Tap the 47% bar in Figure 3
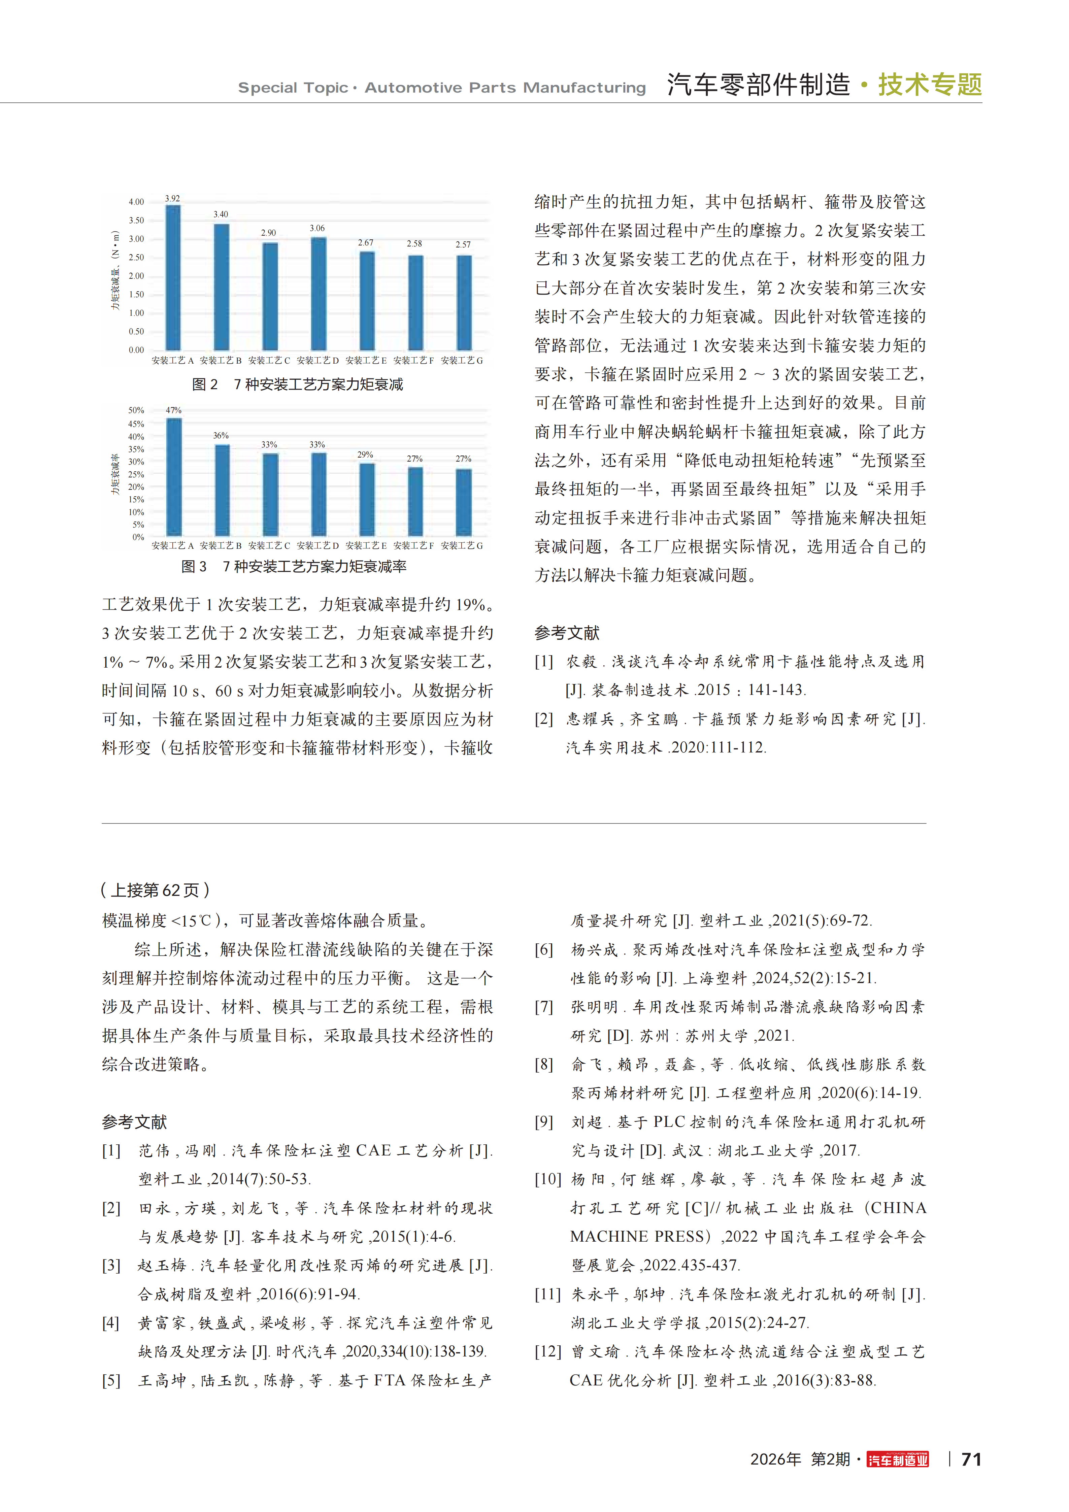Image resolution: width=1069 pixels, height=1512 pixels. [x=174, y=477]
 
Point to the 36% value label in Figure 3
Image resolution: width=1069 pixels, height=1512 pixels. [x=221, y=435]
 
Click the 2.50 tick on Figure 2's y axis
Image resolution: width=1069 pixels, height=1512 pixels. [x=136, y=258]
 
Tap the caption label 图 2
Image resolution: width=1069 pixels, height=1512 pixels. [x=205, y=384]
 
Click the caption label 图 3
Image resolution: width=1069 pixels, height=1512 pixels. [x=194, y=566]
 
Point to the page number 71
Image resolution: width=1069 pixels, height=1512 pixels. [x=971, y=1459]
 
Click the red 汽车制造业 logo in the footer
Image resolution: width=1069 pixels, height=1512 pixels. [x=898, y=1459]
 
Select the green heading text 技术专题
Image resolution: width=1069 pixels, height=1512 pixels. [x=930, y=85]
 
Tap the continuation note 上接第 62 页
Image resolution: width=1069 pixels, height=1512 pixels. [x=156, y=891]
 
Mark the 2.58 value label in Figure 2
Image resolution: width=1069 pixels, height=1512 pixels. [x=414, y=244]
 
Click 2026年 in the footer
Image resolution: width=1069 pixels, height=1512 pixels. [x=775, y=1459]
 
